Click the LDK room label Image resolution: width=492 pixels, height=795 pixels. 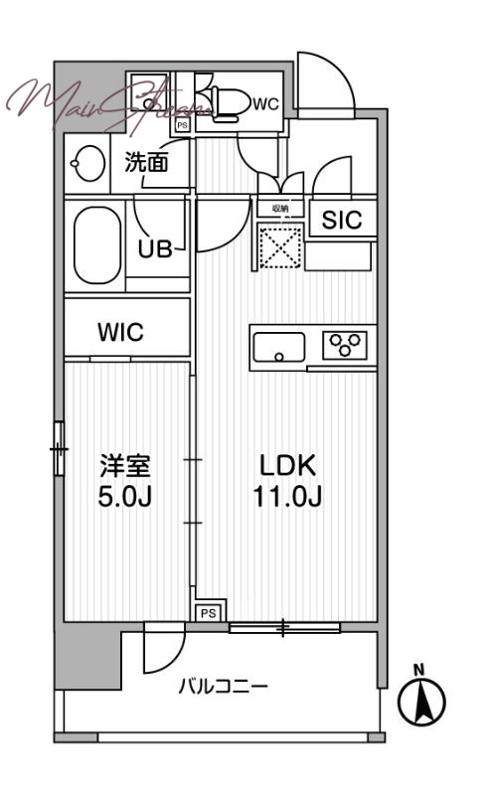click(x=287, y=465)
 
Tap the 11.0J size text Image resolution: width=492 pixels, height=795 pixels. click(x=287, y=496)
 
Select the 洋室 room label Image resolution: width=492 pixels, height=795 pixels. click(x=125, y=465)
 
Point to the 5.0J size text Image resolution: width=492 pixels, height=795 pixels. click(x=125, y=495)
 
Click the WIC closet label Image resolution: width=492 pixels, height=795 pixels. click(x=120, y=333)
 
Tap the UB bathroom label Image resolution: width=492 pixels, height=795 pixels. click(x=155, y=248)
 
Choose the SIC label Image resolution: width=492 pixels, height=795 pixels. click(x=341, y=221)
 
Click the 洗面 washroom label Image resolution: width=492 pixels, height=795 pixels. click(x=145, y=163)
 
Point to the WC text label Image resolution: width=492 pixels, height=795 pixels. click(x=265, y=103)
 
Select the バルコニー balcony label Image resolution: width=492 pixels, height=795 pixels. click(x=223, y=686)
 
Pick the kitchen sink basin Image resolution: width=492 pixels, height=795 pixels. click(x=279, y=348)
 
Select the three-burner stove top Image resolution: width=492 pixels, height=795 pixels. click(x=345, y=346)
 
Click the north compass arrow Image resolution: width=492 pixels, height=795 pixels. click(x=420, y=701)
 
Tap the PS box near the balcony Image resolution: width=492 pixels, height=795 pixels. click(x=208, y=614)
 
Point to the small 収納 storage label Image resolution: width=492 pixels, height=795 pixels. click(x=280, y=210)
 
